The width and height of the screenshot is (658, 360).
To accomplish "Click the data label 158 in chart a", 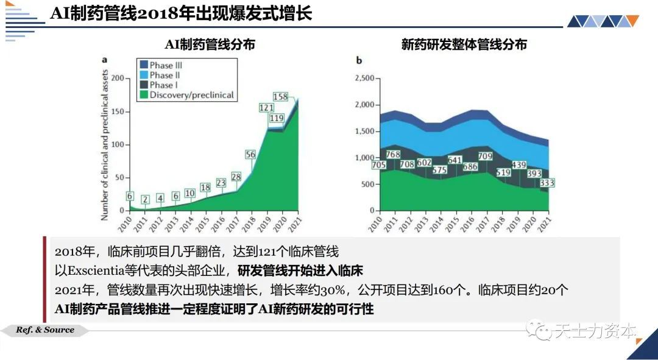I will (x=280, y=97).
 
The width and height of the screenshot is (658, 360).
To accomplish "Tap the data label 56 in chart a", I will (x=250, y=155).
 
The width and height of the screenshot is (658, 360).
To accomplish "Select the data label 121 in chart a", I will (x=266, y=108).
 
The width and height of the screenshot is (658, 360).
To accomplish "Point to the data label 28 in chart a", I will (x=236, y=177).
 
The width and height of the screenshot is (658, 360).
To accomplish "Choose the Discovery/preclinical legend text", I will (x=192, y=95).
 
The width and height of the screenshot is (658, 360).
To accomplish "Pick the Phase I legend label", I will (x=164, y=85).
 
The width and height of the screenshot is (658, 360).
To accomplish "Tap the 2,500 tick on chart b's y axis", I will (x=364, y=79).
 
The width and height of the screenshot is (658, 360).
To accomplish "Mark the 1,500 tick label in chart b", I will (x=364, y=132).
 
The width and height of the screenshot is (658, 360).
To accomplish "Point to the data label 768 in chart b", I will (x=394, y=154).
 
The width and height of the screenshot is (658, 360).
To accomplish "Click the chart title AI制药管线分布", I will (x=210, y=44).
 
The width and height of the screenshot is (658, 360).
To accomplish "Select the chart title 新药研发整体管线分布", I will (x=464, y=44).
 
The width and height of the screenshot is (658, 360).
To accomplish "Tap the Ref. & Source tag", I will (x=45, y=330).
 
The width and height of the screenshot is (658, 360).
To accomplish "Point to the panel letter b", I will (x=359, y=60).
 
